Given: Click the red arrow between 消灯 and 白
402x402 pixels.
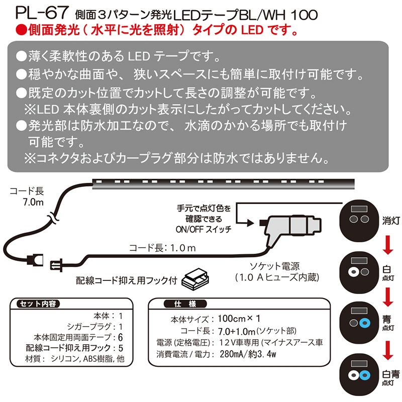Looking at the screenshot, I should point(386,245).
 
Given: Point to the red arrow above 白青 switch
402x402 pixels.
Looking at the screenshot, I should point(386,347).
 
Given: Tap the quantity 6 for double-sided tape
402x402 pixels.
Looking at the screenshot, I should point(121,337).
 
